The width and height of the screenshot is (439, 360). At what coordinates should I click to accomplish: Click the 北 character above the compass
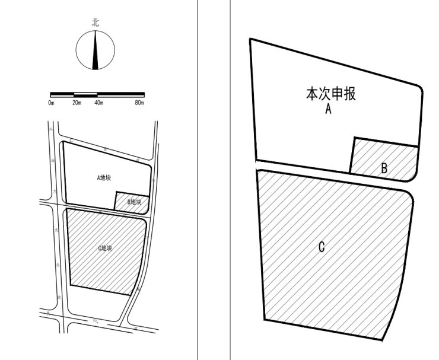(x=96, y=22)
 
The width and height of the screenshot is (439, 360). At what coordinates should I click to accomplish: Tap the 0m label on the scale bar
(x=52, y=103)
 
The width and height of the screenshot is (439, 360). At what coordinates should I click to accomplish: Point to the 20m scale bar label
(x=77, y=103)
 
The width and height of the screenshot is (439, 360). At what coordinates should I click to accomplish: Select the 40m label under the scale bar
(x=98, y=103)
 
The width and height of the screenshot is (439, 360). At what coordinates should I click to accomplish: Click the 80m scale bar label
(x=139, y=103)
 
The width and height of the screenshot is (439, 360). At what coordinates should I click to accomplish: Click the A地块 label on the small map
(x=104, y=177)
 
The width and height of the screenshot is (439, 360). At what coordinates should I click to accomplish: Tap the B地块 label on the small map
(x=134, y=202)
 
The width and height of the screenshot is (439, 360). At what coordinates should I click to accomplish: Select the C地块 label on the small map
(x=104, y=248)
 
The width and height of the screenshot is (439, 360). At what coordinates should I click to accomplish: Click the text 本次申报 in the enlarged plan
(x=330, y=94)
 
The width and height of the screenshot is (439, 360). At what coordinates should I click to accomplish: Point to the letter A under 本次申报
(x=327, y=109)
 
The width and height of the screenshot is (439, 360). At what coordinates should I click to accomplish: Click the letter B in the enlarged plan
(x=384, y=168)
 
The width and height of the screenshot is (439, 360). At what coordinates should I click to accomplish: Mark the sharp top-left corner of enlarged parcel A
(x=250, y=40)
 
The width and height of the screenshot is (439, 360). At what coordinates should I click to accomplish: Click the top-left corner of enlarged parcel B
(x=354, y=138)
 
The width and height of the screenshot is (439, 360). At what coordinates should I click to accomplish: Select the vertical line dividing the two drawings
(x=197, y=178)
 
